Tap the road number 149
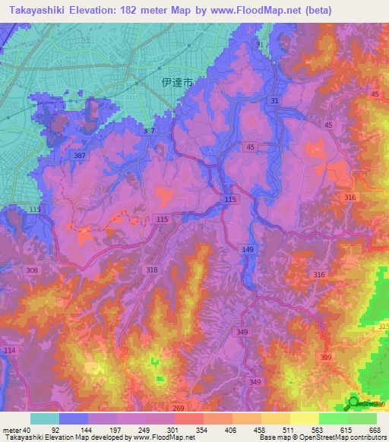[248, 249]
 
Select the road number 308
[30, 270]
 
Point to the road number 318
[152, 270]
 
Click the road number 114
[9, 350]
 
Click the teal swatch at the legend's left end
[44, 418]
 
